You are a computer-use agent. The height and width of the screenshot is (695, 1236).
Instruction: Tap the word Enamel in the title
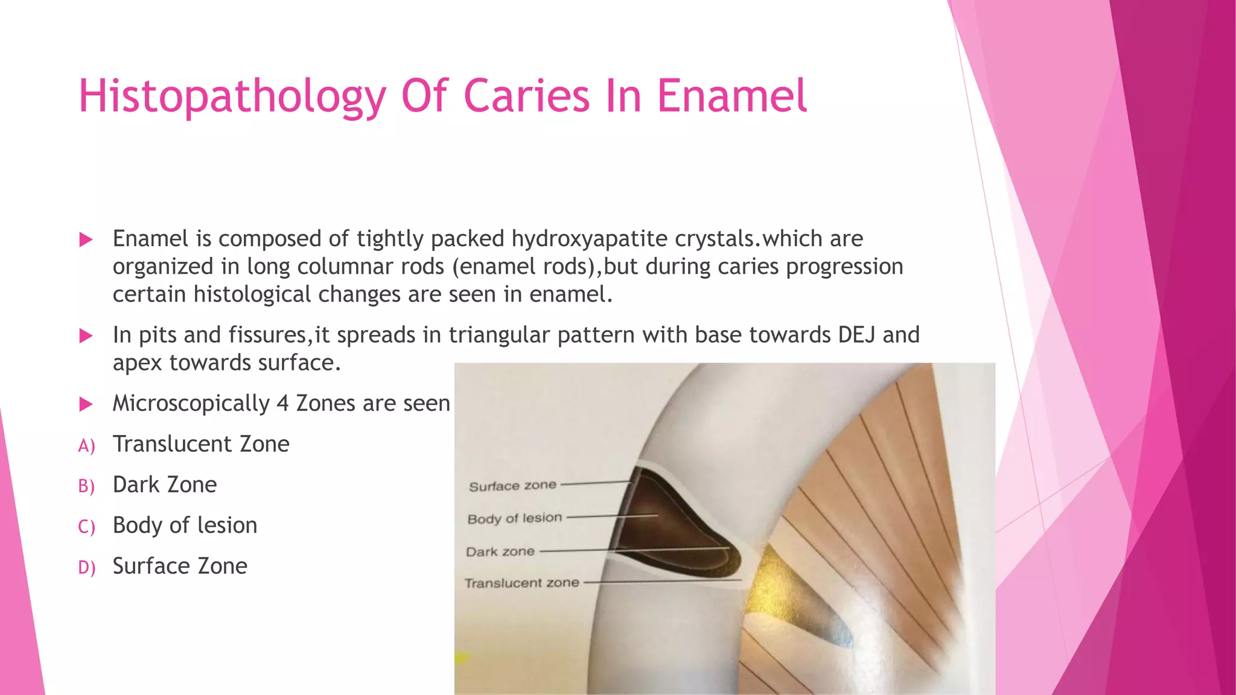(731, 97)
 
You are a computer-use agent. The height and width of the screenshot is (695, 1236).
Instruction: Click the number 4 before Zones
(282, 403)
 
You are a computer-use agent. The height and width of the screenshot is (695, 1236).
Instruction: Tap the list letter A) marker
(86, 446)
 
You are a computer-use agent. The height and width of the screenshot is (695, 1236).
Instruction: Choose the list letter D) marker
(86, 568)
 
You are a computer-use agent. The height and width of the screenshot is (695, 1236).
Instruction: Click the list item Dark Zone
(164, 484)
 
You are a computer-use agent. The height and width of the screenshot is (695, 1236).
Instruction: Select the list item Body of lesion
(185, 525)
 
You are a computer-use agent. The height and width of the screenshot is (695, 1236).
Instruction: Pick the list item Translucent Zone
(201, 444)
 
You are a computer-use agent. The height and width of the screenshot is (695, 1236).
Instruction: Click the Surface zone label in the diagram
(512, 486)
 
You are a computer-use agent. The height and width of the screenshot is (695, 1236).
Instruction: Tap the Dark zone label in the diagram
(500, 551)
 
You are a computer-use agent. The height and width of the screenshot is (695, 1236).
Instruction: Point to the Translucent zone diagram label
(521, 583)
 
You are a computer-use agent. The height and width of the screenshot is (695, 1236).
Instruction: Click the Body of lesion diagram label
(514, 518)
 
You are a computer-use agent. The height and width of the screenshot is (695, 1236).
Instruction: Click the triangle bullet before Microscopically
(86, 404)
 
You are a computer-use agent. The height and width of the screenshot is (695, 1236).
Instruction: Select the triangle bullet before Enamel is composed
(86, 240)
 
